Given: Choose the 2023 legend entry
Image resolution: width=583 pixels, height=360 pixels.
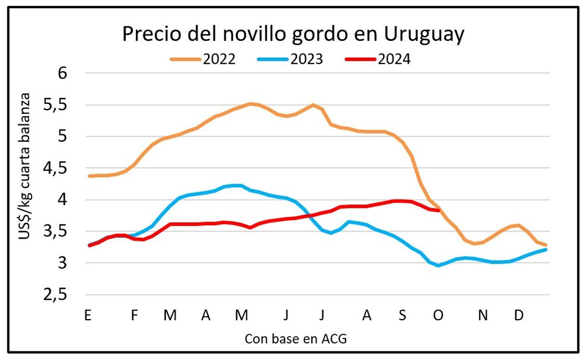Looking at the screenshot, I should pos(306,59).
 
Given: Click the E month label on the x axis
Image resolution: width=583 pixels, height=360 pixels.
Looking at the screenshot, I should pos(88,315).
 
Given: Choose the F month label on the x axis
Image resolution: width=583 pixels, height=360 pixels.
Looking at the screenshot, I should pos(135,315).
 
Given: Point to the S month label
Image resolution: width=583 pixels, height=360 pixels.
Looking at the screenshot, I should pos(402,315).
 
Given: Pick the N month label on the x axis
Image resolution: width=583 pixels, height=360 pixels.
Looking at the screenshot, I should pos(483,315).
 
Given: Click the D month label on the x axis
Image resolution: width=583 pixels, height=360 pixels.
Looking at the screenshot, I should pos(518,315).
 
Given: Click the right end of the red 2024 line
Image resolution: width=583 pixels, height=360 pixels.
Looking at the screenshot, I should pos(438,211).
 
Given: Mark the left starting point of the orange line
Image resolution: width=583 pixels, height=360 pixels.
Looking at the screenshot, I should pos(89,176).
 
